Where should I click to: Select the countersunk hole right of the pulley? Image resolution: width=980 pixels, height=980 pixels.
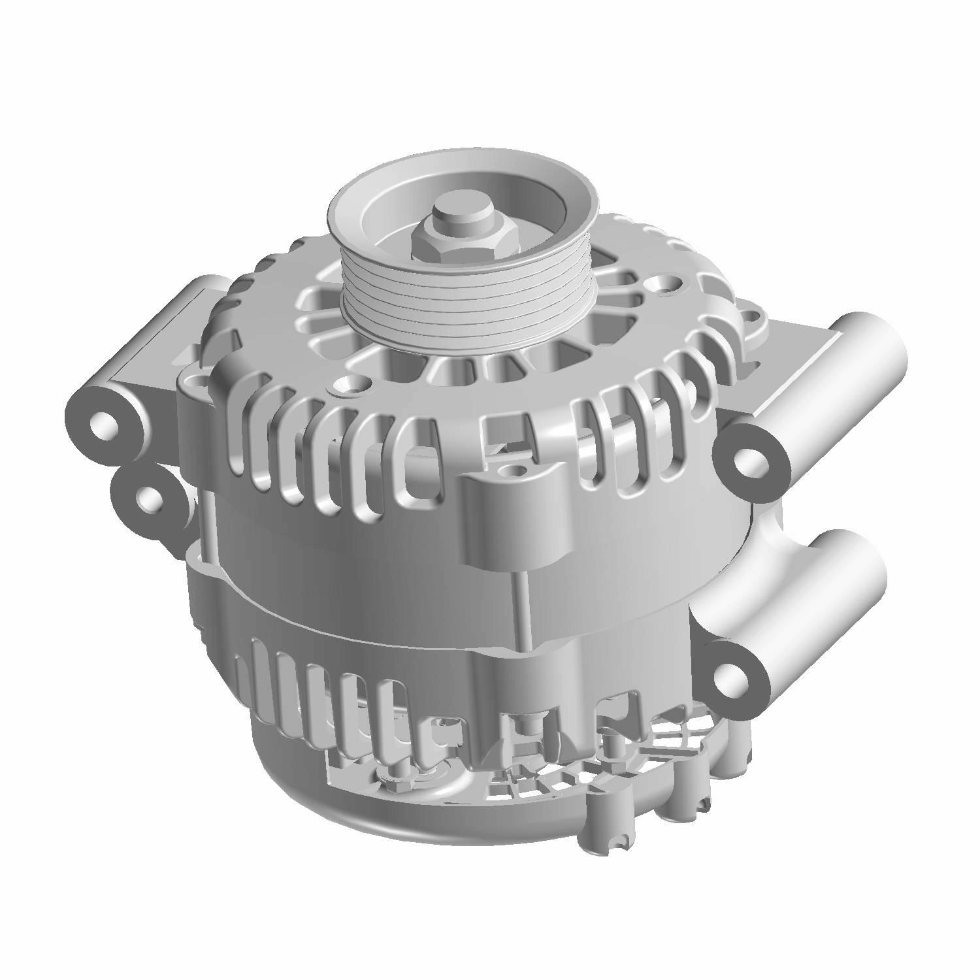click(666, 286)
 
